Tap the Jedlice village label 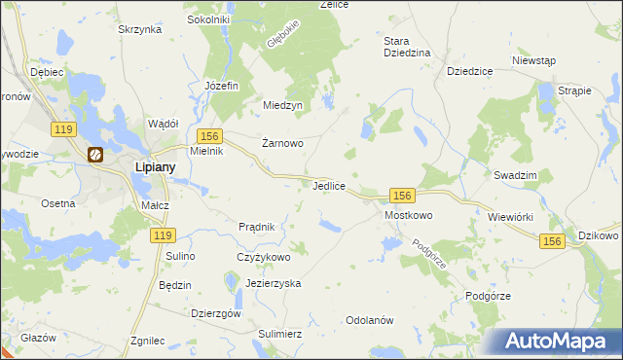coord(332,184)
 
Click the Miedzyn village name coord(284,105)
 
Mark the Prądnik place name coord(262,227)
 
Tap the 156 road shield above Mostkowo coord(404,195)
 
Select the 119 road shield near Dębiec coord(66,128)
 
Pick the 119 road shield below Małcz coord(163,235)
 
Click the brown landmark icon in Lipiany coord(96,154)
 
